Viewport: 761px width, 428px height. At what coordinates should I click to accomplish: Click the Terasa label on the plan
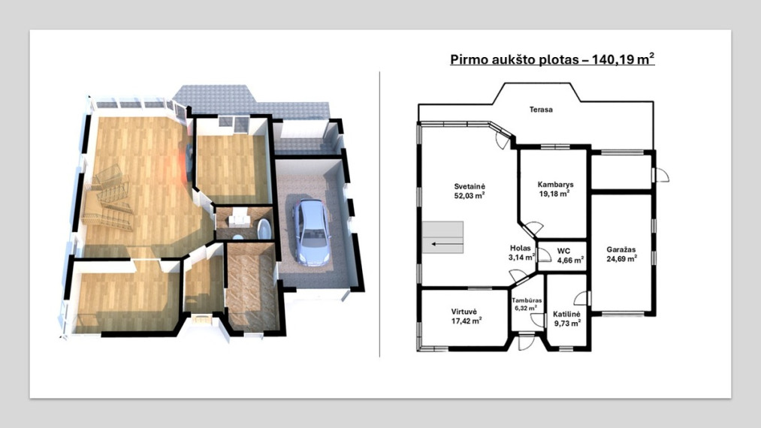click(541, 110)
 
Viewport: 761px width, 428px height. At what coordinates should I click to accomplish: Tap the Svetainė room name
click(470, 186)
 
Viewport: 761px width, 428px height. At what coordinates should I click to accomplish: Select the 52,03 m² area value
click(470, 195)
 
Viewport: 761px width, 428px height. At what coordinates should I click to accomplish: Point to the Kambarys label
click(555, 185)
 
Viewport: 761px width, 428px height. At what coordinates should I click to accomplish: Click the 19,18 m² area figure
click(554, 194)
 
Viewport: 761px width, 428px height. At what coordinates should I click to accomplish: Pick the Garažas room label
click(621, 250)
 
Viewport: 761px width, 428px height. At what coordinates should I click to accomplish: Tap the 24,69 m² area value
click(621, 258)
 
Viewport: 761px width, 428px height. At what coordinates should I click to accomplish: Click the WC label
click(563, 252)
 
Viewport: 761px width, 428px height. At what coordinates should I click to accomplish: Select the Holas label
click(521, 249)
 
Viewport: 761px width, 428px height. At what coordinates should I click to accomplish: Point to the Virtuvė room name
click(464, 312)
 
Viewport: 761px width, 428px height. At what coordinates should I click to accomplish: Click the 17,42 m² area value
click(467, 321)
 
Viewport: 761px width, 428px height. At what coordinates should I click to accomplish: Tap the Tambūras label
click(527, 300)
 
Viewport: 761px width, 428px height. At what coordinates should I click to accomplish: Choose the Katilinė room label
click(566, 315)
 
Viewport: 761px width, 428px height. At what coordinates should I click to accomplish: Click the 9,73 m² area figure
click(567, 323)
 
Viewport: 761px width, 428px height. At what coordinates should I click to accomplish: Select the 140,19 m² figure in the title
click(624, 59)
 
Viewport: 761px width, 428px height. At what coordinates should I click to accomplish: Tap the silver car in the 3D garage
click(311, 233)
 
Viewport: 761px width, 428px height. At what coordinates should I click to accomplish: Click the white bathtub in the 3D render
click(264, 229)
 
